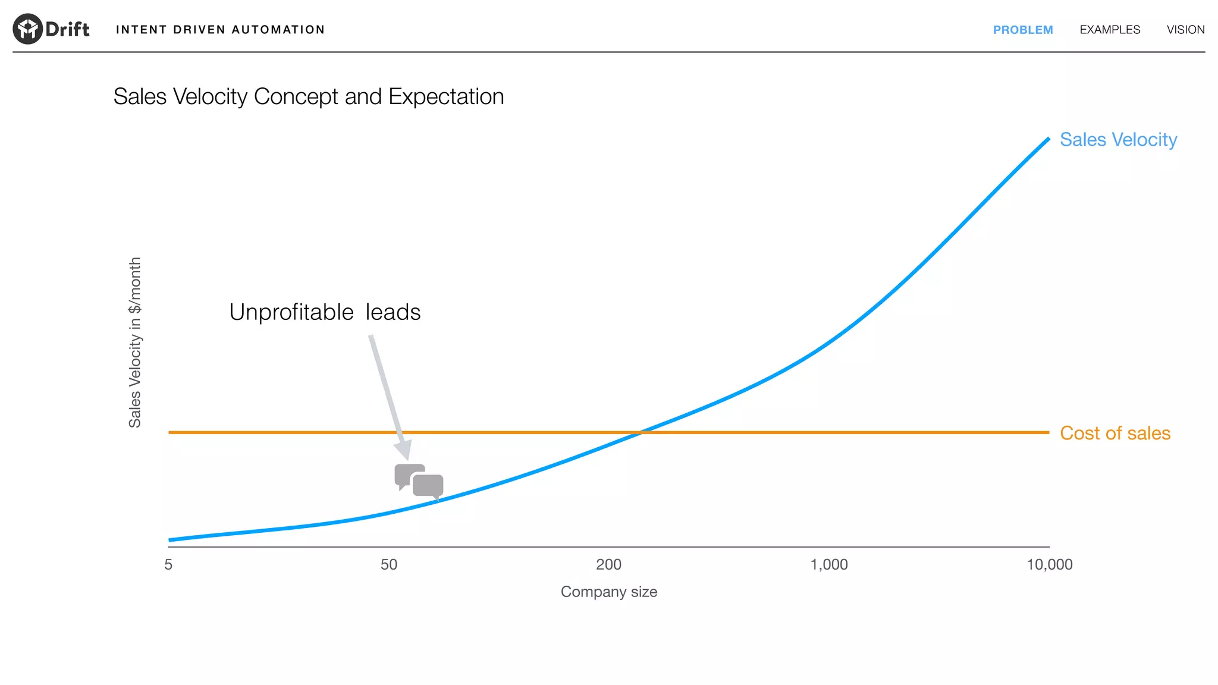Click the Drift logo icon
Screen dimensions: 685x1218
27,29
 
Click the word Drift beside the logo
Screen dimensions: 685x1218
67,29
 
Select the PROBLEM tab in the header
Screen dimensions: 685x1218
1022,30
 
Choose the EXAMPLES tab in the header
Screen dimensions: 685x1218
1109,30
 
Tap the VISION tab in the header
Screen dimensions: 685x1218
1185,30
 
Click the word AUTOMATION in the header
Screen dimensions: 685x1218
278,30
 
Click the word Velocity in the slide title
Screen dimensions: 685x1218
210,97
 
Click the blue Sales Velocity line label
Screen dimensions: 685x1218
1117,140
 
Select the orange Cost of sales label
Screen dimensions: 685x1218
1115,433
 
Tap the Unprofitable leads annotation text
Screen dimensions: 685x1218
325,312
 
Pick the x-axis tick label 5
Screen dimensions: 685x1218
168,565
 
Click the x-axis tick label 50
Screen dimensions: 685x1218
388,565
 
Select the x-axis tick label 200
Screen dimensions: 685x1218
608,565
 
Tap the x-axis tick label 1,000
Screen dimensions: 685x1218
828,565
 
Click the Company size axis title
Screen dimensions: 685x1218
608,592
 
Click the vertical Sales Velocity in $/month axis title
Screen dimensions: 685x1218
135,342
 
